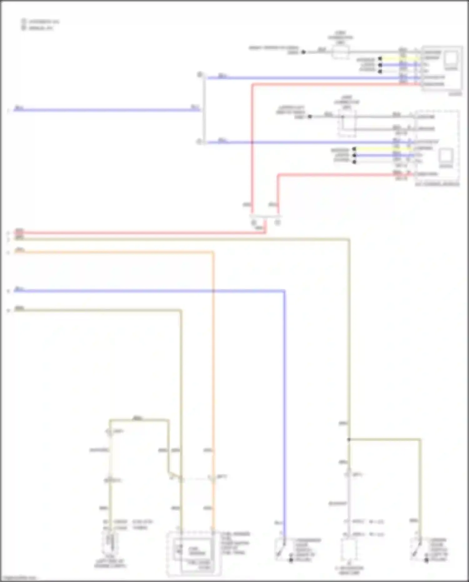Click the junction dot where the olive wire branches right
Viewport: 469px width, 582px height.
[349, 439]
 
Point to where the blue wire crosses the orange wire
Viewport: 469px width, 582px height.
[213, 291]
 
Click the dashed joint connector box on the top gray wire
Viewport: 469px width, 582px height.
[340, 52]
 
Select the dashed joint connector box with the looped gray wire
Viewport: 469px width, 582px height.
[347, 123]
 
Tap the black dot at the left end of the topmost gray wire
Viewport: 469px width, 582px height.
[303, 52]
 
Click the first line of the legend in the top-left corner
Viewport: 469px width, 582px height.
[41, 22]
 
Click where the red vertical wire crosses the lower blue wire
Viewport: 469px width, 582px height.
[252, 142]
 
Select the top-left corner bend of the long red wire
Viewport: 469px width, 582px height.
[253, 84]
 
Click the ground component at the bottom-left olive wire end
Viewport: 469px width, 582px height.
[110, 543]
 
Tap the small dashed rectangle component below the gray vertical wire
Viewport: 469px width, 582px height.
[349, 549]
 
